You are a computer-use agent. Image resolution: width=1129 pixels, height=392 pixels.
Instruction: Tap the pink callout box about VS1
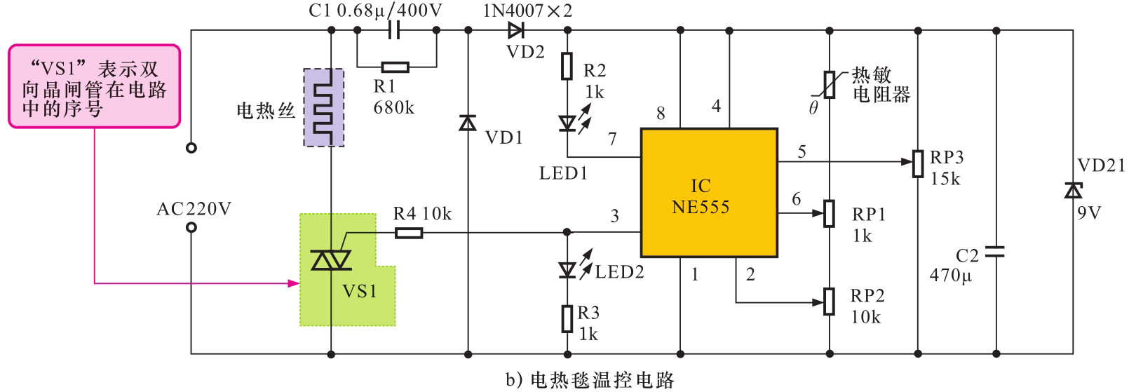[94, 86]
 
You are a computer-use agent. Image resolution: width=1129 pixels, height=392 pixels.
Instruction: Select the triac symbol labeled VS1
[330, 261]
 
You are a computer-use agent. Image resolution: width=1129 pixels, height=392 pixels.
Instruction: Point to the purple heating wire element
[323, 107]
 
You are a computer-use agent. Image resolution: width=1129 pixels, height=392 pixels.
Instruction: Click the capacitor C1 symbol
[396, 30]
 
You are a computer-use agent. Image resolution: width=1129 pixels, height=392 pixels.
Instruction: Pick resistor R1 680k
[396, 67]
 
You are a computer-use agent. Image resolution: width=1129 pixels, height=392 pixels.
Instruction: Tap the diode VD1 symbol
[468, 123]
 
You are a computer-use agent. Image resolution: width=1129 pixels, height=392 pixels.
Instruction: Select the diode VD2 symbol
[517, 30]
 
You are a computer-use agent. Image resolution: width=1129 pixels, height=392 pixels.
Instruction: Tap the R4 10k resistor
[408, 232]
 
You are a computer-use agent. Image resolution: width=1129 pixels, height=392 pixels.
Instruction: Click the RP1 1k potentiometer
[830, 213]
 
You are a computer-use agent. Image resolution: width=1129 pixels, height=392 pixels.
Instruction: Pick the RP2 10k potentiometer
[830, 302]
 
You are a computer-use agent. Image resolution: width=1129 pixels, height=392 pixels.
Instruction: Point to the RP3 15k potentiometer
[918, 163]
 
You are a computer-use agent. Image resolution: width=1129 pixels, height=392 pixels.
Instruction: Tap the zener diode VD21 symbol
[1072, 189]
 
